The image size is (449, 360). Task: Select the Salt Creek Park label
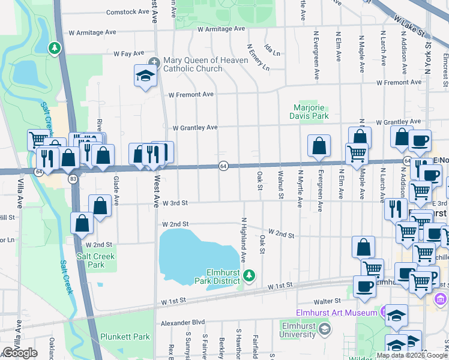[x=100, y=260]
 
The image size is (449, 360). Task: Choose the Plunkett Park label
[x=125, y=337]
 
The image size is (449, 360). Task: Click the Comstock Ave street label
[x=127, y=12]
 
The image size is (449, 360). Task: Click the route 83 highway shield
[x=73, y=179]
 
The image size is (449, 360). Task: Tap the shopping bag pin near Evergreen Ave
[x=319, y=146]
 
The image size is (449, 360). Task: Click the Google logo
[x=20, y=353]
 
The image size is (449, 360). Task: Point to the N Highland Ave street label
[x=244, y=240]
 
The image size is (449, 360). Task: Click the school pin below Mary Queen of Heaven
[x=145, y=76]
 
